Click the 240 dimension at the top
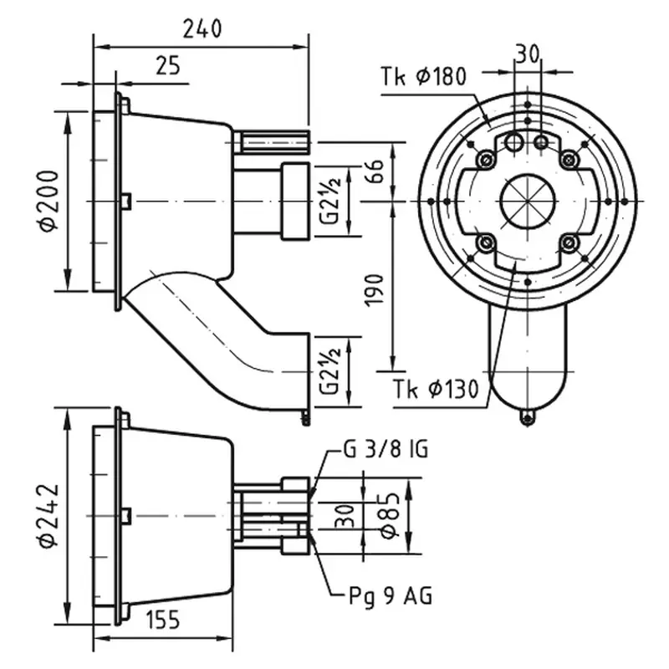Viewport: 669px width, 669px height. click(202, 28)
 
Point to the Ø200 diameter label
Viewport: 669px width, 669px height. click(49, 200)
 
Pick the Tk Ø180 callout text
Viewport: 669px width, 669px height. click(422, 78)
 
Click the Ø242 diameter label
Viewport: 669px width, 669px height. click(49, 517)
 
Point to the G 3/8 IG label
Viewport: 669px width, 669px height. click(386, 451)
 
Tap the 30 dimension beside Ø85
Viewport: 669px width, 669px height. click(345, 516)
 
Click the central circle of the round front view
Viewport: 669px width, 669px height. click(526, 201)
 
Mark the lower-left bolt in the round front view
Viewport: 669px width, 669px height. click(484, 243)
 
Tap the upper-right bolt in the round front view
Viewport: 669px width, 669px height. click(569, 159)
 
